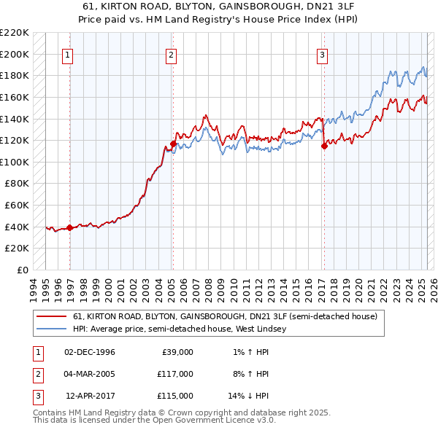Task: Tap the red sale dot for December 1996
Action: [x=70, y=227]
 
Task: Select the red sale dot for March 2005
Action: [x=173, y=144]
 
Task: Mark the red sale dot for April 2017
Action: [x=323, y=146]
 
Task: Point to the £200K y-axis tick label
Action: [x=15, y=54]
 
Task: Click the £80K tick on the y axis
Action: [x=18, y=184]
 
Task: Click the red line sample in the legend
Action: [x=51, y=317]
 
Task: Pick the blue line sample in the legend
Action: [x=51, y=329]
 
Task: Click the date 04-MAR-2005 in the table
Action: [x=90, y=374]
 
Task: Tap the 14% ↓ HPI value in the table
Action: [x=248, y=396]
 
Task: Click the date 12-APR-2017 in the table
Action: [x=90, y=396]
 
